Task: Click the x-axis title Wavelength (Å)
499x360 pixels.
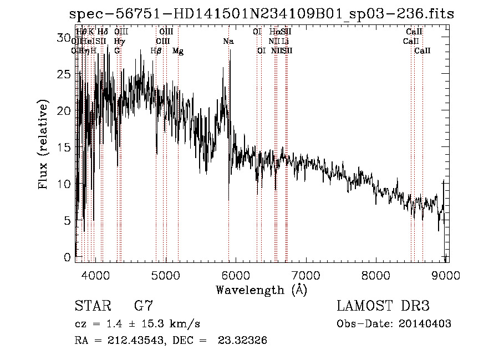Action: point(261,290)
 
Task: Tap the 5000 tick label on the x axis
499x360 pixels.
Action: point(166,274)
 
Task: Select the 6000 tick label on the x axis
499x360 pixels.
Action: point(237,274)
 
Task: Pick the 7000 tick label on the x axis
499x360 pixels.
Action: point(307,274)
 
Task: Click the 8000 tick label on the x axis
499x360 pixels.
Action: point(377,274)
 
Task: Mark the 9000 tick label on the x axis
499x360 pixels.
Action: point(446,274)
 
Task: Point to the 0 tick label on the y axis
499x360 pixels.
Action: point(68,257)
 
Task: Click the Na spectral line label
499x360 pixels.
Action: point(228,41)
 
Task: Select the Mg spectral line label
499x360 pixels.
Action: point(178,51)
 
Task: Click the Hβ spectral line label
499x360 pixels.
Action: point(156,51)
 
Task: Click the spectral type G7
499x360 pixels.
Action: point(144,306)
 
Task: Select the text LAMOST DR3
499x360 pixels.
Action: point(383,306)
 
